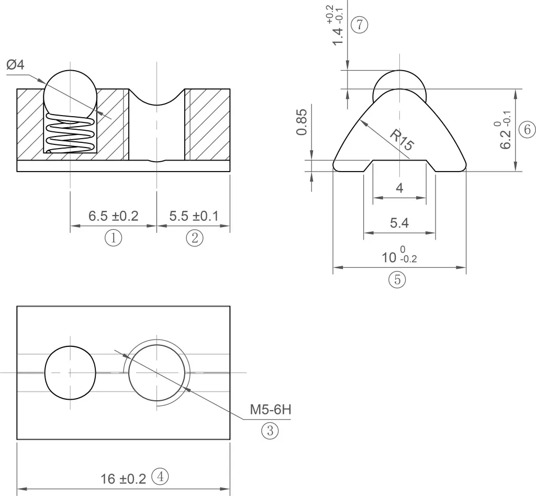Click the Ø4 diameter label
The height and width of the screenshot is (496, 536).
tap(15, 64)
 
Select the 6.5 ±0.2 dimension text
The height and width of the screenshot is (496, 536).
tap(113, 216)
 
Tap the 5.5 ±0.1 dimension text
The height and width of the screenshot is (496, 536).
tap(194, 216)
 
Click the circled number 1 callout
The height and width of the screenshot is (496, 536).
tap(113, 238)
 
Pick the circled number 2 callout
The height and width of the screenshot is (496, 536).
tap(195, 238)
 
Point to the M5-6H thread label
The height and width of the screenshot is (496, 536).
tap(271, 409)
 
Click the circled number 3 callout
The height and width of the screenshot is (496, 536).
tap(270, 431)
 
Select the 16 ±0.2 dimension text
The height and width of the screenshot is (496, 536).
tap(123, 479)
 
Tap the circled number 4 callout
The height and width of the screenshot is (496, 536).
tap(160, 477)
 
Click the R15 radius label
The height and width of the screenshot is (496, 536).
tap(403, 140)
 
